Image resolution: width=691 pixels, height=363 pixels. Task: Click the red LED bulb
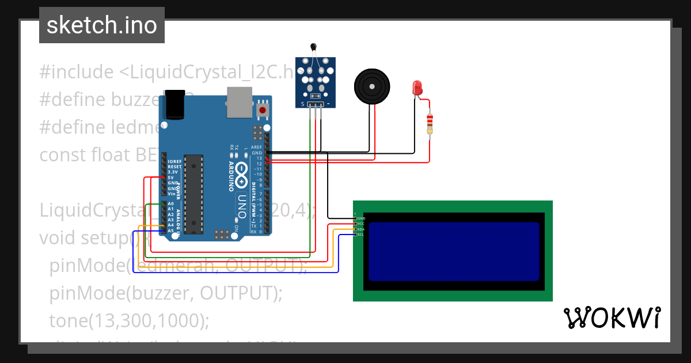[417, 88]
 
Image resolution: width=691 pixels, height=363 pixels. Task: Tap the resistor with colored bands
[429, 124]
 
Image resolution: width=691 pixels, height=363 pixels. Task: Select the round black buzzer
[372, 85]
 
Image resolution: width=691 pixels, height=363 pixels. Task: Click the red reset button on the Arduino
[263, 110]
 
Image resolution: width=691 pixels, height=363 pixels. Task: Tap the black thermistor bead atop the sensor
[313, 47]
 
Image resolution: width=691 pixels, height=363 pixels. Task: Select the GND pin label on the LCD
[361, 218]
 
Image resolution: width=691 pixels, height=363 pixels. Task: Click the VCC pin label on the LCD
[361, 224]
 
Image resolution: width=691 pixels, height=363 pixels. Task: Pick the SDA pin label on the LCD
[361, 229]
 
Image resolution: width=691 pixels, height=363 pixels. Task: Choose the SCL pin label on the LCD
[361, 235]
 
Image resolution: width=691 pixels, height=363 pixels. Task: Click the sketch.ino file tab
[102, 25]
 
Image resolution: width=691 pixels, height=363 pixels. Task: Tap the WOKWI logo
[612, 317]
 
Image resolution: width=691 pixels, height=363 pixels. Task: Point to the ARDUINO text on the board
[231, 176]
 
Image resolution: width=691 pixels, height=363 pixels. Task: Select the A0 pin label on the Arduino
[171, 204]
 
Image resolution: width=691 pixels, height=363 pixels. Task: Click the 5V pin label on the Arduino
[171, 177]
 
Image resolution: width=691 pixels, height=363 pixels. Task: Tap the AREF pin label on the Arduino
[256, 147]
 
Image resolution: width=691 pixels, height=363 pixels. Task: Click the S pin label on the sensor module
[303, 104]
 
